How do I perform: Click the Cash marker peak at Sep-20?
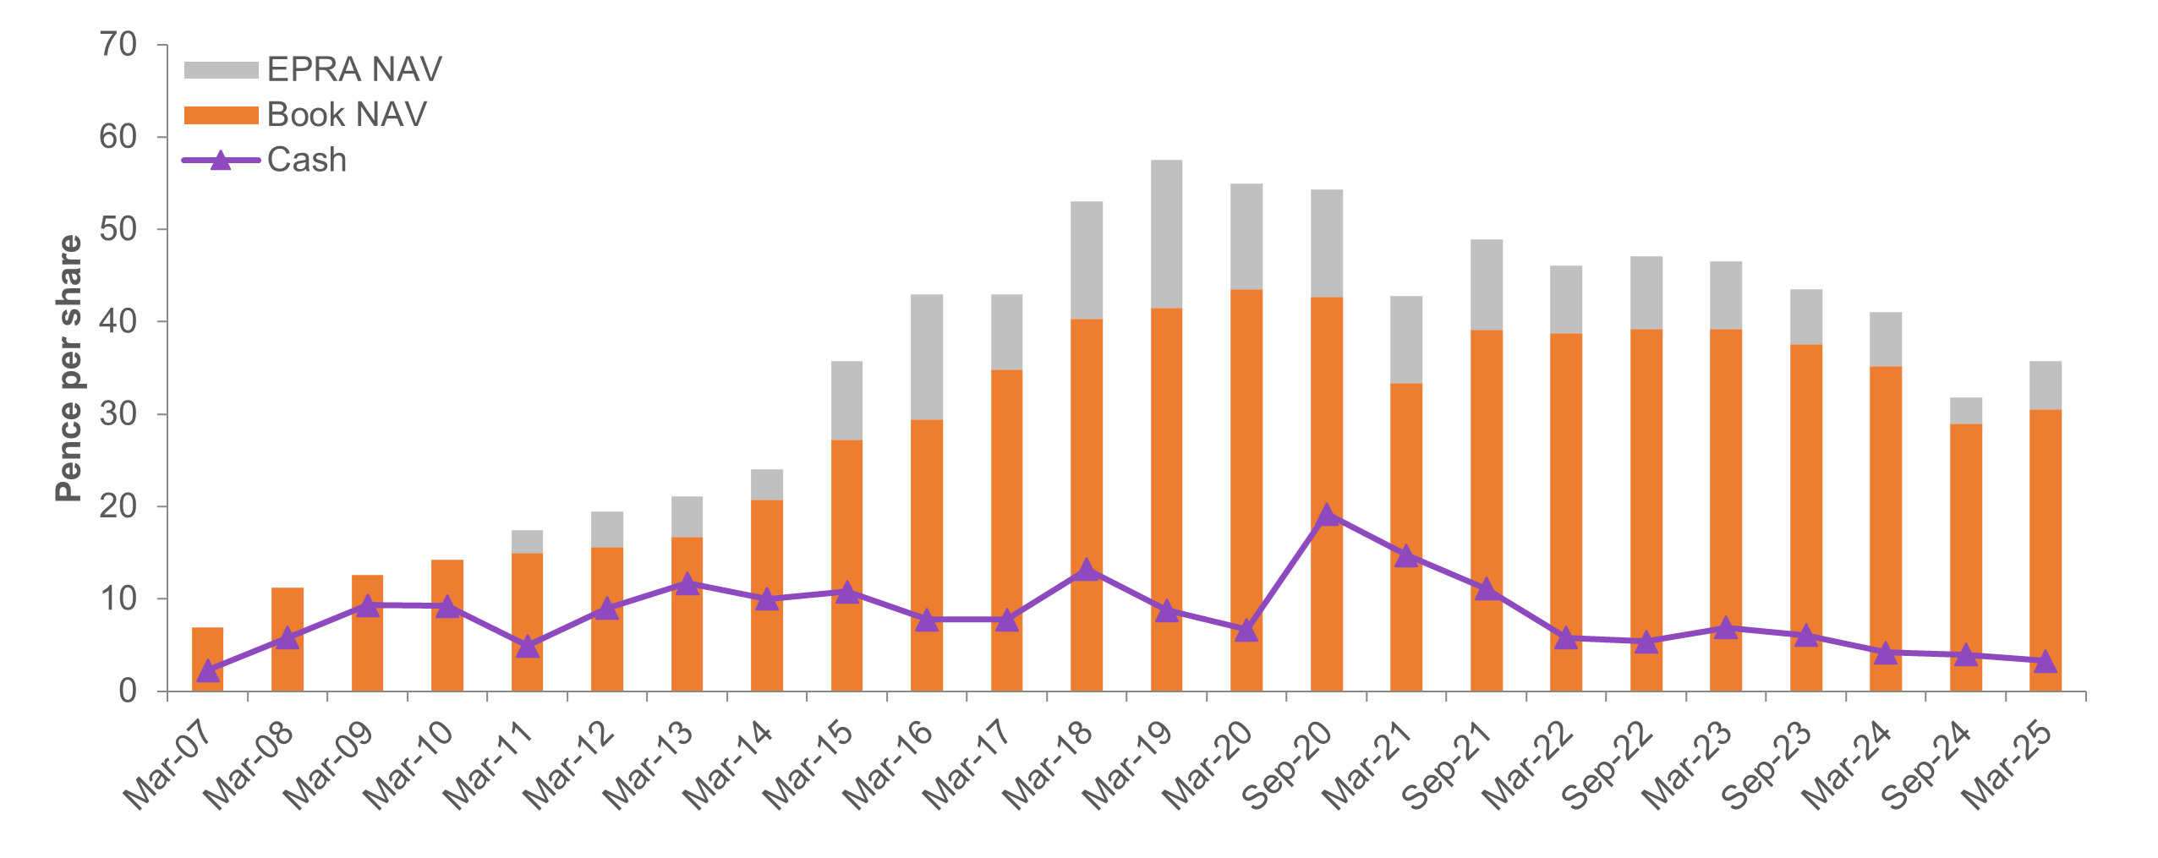coord(1326,515)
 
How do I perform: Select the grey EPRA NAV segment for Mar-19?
coord(1166,233)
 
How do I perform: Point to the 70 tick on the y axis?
coord(118,45)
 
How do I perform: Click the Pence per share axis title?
coord(69,368)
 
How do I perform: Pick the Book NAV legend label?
coord(347,115)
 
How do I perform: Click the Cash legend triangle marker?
coord(221,160)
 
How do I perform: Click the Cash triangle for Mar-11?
coord(528,647)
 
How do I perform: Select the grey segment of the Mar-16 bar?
coord(927,357)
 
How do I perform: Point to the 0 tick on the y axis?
coord(128,691)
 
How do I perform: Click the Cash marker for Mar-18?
coord(1087,571)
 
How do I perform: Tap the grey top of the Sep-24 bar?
coord(1965,410)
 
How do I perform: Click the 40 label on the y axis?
coord(118,322)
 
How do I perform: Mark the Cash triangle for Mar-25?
coord(2045,661)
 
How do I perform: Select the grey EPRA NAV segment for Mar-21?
coord(1406,339)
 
